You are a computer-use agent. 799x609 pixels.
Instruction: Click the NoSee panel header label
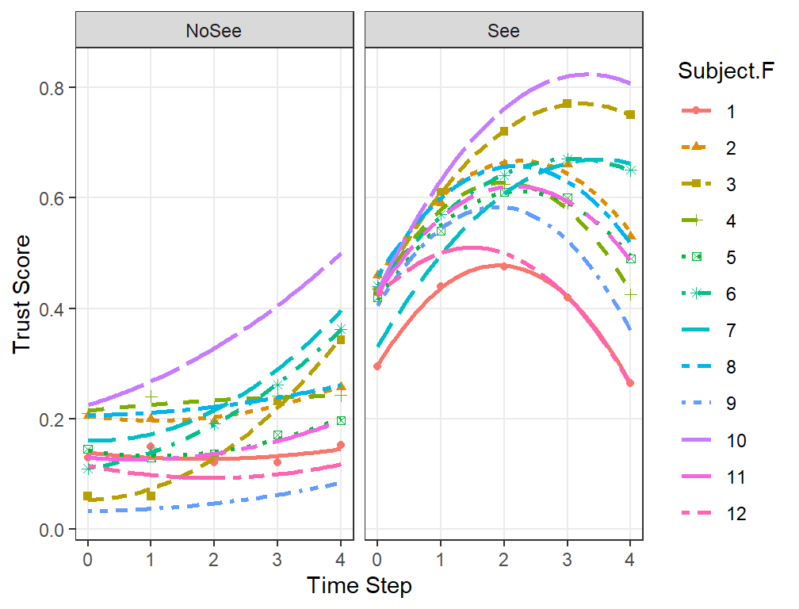click(x=213, y=31)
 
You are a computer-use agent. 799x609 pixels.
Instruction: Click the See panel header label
click(x=503, y=31)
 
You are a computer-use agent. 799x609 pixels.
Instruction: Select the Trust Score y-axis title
click(x=21, y=294)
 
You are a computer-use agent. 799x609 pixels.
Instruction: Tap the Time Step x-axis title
click(x=359, y=585)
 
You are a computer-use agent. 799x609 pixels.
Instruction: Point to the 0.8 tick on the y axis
click(x=52, y=88)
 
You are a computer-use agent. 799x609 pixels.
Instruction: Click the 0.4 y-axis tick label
click(x=52, y=308)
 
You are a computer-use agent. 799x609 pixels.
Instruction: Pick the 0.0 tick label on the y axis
click(x=52, y=530)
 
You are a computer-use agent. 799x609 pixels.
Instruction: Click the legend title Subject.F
click(x=725, y=71)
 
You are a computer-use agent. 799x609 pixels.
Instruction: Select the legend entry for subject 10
click(x=713, y=440)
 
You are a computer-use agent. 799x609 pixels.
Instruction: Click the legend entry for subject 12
click(x=713, y=513)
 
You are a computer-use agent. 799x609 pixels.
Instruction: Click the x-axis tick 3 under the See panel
click(x=568, y=560)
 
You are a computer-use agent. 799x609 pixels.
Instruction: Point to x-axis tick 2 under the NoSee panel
click(x=213, y=560)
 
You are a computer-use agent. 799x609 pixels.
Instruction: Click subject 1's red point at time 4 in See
click(x=630, y=383)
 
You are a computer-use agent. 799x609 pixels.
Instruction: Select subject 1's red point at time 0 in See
click(x=377, y=366)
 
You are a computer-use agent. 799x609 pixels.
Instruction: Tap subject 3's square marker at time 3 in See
click(x=568, y=103)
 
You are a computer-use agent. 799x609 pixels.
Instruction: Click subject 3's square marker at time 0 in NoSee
click(x=88, y=496)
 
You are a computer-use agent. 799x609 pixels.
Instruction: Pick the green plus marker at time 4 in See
click(x=631, y=294)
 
